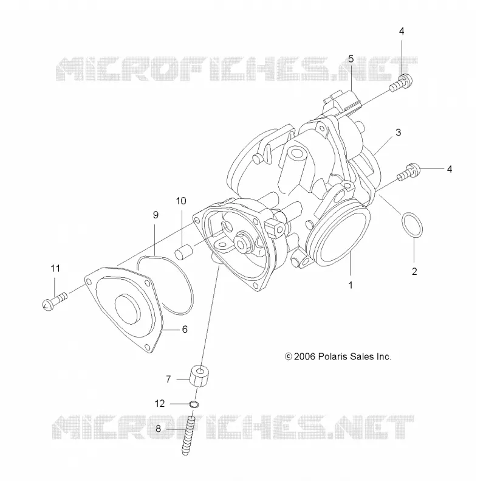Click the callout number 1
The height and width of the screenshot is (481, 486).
click(351, 285)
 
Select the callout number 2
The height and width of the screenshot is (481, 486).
click(414, 271)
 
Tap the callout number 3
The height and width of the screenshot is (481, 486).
click(399, 133)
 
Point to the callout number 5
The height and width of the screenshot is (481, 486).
click(351, 58)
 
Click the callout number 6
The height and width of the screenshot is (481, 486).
click(185, 329)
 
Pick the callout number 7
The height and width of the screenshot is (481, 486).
click(168, 379)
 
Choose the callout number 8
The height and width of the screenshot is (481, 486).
click(158, 429)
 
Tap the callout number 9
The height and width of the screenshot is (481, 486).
click(156, 215)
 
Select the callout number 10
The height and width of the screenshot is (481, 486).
click(181, 201)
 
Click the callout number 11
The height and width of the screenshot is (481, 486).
click(55, 268)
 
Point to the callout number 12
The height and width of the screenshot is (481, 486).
click(160, 403)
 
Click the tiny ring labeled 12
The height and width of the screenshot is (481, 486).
click(194, 404)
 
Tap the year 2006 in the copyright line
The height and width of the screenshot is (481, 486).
click(304, 356)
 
